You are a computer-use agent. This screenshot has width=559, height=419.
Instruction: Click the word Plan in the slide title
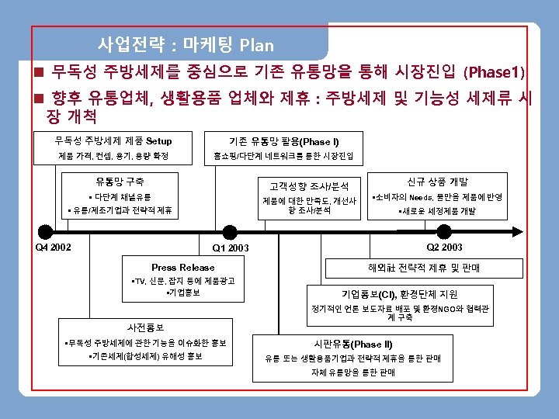tap(257, 44)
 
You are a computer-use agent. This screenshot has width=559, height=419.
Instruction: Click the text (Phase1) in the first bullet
tap(495, 74)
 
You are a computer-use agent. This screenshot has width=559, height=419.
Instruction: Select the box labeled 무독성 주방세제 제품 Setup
tap(113, 141)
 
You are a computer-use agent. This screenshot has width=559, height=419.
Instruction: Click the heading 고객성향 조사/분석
tap(309, 186)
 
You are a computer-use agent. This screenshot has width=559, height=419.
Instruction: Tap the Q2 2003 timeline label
tap(445, 248)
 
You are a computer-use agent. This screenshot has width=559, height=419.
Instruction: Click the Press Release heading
tap(183, 267)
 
